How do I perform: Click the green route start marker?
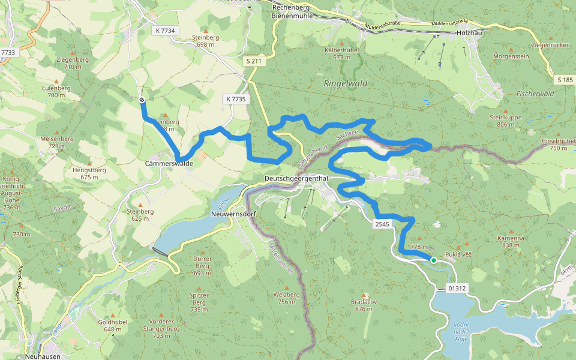click(x=433, y=260)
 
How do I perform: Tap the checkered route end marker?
click(x=142, y=100)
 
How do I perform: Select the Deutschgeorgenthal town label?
click(x=296, y=179)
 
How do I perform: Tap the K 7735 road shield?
click(x=236, y=99)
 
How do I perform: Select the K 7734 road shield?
click(x=164, y=31)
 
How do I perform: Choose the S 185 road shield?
click(x=564, y=79)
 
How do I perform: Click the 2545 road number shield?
click(x=382, y=224)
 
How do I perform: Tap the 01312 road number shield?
click(x=457, y=289)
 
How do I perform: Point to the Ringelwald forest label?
click(x=345, y=84)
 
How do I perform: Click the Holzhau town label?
click(x=469, y=33)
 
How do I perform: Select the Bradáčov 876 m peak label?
click(x=364, y=305)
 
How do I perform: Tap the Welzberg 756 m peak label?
click(x=286, y=298)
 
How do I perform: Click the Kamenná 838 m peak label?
click(x=511, y=241)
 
